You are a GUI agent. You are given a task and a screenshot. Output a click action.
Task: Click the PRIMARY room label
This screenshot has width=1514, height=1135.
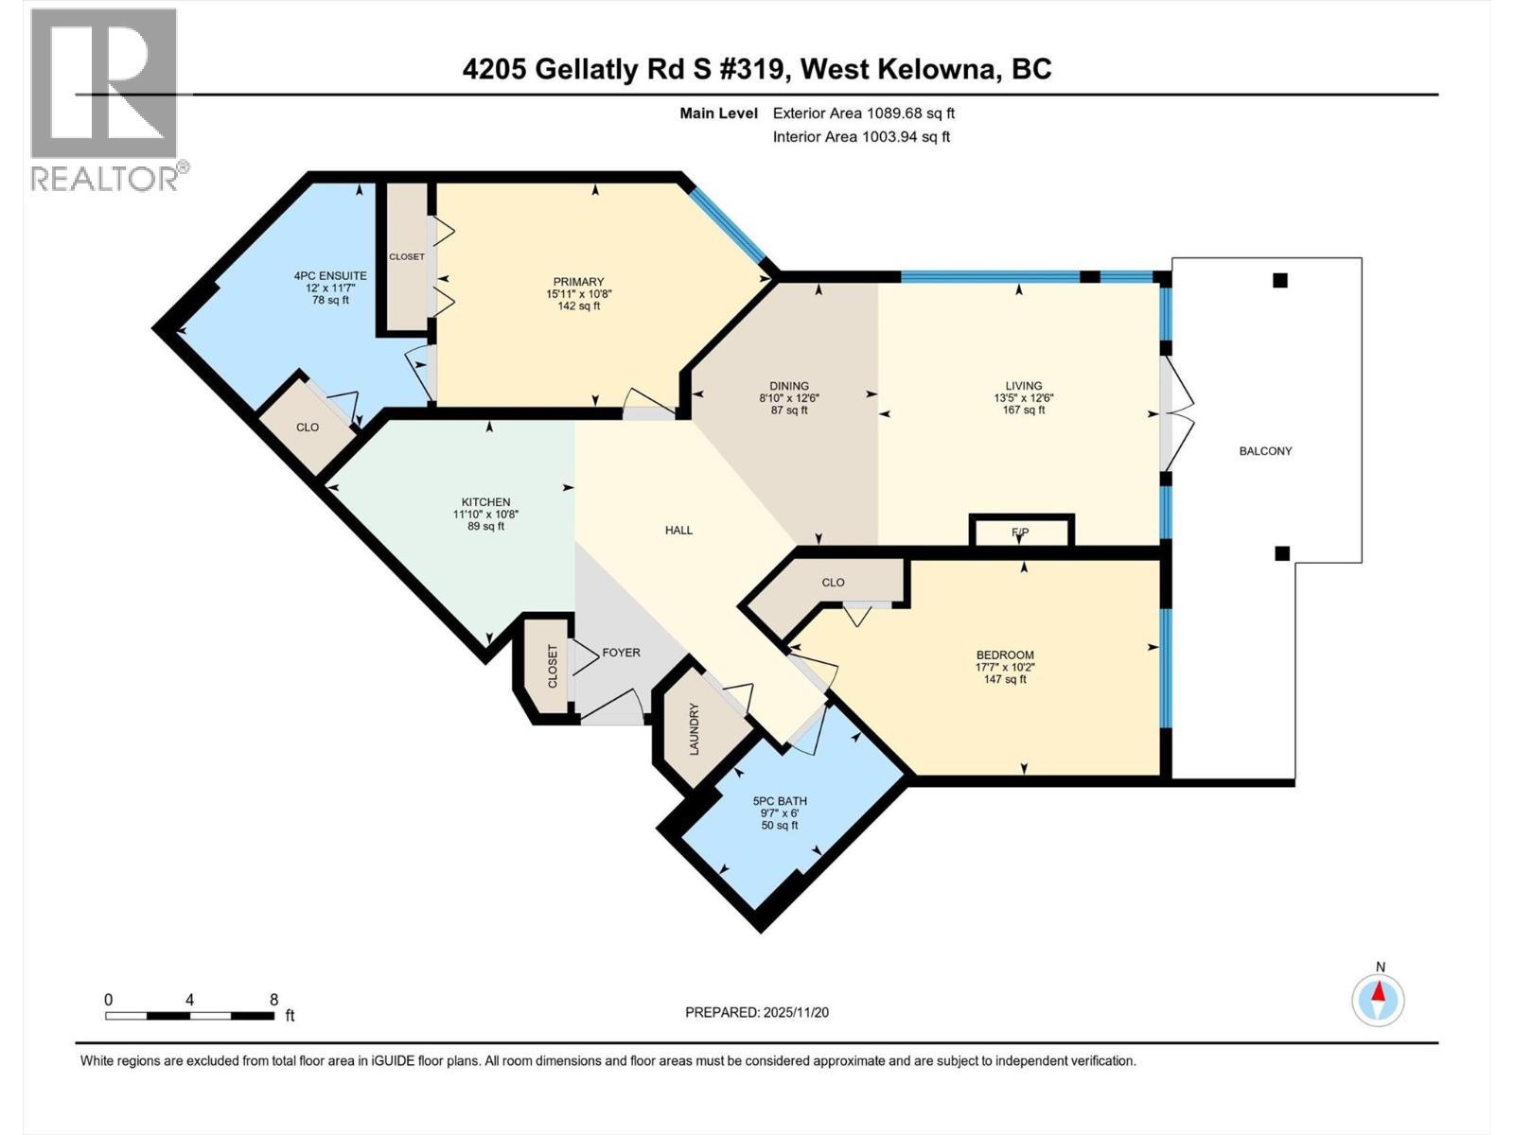[578, 282]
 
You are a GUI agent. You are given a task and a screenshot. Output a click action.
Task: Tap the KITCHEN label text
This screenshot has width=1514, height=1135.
[485, 502]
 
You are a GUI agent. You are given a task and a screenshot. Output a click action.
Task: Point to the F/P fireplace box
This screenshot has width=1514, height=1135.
[1020, 532]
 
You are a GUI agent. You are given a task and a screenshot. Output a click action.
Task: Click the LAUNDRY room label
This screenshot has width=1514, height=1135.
[694, 728]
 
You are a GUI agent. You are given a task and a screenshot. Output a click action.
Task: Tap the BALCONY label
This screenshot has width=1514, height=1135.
[1265, 451]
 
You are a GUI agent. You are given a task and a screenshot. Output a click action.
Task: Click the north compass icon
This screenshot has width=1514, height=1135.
[1379, 999]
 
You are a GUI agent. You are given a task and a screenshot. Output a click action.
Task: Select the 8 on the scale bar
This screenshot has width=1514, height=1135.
[273, 1000]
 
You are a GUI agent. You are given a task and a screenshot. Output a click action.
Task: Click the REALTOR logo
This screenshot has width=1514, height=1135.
[105, 99]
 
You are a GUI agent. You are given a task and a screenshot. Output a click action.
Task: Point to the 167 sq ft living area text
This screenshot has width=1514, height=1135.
[1023, 410]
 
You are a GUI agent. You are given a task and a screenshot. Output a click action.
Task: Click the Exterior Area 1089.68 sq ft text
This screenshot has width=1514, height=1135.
[863, 113]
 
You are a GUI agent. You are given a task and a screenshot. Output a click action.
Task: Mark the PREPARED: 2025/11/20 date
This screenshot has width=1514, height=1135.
[756, 1012]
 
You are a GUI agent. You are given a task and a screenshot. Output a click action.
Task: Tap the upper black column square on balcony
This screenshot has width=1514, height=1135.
[1279, 280]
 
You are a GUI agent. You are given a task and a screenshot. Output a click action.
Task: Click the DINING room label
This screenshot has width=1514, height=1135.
[788, 386]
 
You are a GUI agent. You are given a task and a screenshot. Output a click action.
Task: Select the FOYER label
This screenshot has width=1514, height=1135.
[621, 653]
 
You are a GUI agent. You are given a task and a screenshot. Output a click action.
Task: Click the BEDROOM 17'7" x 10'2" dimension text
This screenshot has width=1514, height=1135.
[1005, 667]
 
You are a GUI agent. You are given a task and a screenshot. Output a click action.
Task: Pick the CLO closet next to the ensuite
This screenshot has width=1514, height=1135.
[308, 428]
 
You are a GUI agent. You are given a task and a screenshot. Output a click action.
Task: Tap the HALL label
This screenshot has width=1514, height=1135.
[678, 531]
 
